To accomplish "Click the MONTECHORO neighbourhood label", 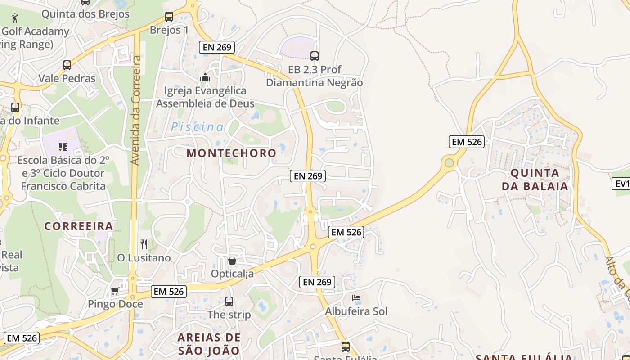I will coord(231,153).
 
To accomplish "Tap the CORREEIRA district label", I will coord(79,226).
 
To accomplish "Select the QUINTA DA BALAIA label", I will coord(535,179).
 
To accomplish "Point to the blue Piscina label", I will coord(197,127).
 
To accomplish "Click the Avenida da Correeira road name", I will coord(135,110).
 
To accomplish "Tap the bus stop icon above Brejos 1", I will coord(169,17).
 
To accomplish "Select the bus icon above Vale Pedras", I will coord(67,65).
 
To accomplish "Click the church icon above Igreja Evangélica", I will coord(205,78).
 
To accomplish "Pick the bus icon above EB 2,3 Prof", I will coord(315,56).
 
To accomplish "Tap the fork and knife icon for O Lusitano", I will coord(144,244).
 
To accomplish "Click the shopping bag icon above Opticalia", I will coord(232,261).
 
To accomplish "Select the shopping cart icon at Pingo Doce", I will coord(115,291).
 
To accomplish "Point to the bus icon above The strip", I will coord(229,301).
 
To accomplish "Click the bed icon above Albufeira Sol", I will coord(356,298).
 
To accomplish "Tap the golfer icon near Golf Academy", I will coord(15,18).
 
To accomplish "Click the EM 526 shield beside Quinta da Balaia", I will coord(467,142).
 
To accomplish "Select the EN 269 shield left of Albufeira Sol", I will coord(317,282).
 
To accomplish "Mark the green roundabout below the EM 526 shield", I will coord(449,162).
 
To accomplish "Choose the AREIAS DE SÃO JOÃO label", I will coord(209,344).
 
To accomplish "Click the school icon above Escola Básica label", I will coord(63,147).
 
